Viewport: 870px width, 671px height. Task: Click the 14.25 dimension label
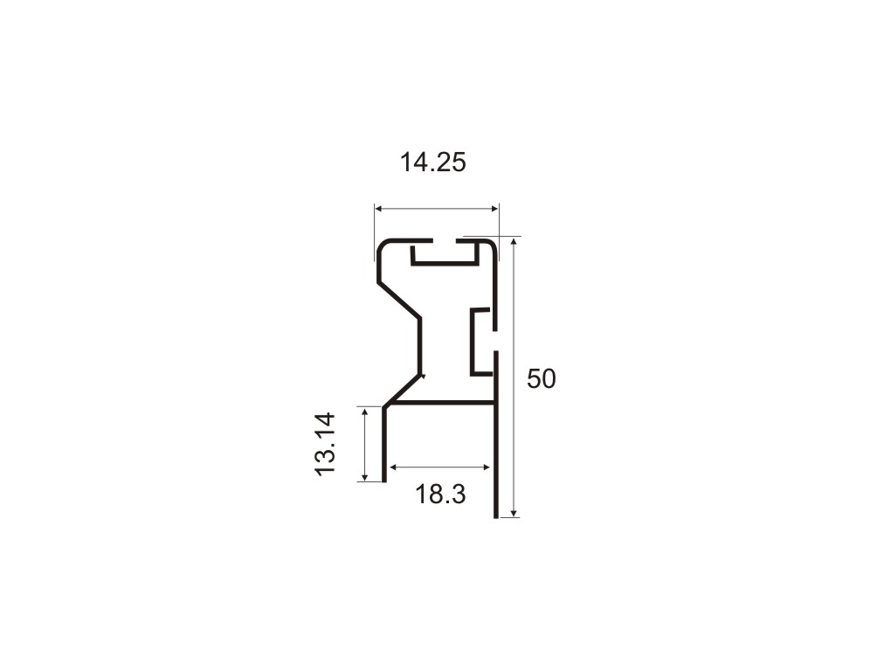pos(432,163)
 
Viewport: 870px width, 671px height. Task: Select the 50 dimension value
pos(541,379)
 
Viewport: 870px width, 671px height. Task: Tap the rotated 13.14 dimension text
pos(326,444)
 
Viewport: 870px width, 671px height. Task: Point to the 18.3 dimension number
pos(440,494)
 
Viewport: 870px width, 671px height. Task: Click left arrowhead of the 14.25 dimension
pos(379,209)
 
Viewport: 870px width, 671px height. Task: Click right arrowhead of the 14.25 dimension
pos(495,209)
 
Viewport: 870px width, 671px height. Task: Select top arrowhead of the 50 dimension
pos(514,242)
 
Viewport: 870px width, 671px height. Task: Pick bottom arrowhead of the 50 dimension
pos(514,513)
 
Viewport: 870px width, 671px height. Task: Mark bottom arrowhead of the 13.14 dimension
pos(364,477)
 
